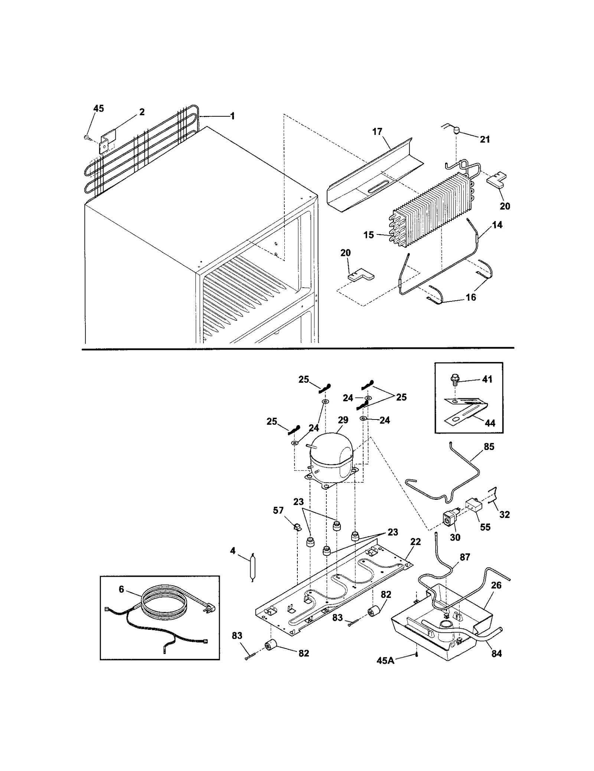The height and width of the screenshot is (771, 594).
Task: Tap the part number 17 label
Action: pyautogui.click(x=377, y=132)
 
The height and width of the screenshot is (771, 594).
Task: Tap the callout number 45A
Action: pyautogui.click(x=385, y=660)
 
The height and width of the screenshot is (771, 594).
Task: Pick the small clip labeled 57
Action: pyautogui.click(x=297, y=527)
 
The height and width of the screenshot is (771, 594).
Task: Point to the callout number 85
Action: pyautogui.click(x=489, y=447)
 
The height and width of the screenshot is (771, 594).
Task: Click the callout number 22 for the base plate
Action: pyautogui.click(x=415, y=542)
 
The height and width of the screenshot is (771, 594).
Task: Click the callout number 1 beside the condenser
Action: pyautogui.click(x=232, y=116)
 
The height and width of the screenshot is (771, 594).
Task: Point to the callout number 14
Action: pyautogui.click(x=497, y=224)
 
